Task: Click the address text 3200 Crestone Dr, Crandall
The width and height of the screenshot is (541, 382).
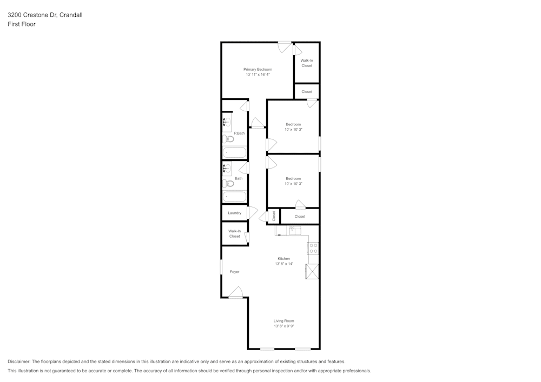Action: pos(45,15)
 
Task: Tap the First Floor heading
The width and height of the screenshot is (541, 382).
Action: pos(22,24)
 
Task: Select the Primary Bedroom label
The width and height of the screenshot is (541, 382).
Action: pos(258,69)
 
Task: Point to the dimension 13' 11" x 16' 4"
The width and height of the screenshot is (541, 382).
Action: pos(258,75)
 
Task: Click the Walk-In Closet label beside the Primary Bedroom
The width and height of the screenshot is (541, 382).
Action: pos(307,63)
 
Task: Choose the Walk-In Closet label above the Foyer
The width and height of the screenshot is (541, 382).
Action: pos(234,233)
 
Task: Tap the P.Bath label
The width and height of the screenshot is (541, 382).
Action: pos(239,133)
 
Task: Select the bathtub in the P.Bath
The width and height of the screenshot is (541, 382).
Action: pos(234,153)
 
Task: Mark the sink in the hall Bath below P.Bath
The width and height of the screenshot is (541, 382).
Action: pos(227,169)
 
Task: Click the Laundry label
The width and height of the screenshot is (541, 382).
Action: pos(234,213)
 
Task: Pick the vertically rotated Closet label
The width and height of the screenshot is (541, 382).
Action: pos(274,216)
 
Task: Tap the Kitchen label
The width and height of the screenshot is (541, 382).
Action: pos(284,259)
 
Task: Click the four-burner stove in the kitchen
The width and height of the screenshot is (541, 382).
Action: pos(313,248)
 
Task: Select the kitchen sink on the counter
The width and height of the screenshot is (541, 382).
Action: pos(294,231)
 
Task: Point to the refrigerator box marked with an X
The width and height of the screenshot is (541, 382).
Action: pos(312,271)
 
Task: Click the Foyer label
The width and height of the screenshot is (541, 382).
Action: pos(234,272)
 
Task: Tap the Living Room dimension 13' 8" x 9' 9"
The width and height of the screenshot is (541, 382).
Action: pos(284,326)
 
